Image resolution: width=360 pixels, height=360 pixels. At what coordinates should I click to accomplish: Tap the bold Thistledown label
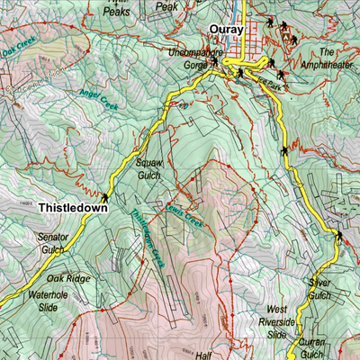point(73,206)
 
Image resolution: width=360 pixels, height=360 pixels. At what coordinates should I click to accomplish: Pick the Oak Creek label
point(18,50)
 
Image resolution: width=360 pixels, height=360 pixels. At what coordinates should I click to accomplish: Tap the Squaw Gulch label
point(148,170)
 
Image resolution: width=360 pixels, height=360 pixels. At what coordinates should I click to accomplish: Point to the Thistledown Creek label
point(145,238)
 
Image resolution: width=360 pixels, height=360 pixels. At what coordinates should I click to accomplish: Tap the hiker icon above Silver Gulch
point(339,236)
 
